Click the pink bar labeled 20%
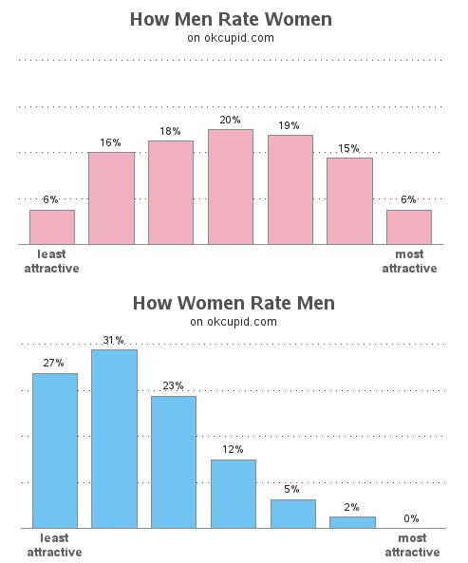(x=231, y=187)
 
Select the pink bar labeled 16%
(x=111, y=197)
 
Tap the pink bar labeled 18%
(x=171, y=192)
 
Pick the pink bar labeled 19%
(x=290, y=189)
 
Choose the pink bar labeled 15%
(x=349, y=200)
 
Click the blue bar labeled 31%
(x=114, y=439)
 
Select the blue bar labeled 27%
(x=55, y=450)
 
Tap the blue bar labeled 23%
(x=174, y=461)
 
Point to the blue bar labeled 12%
(x=234, y=493)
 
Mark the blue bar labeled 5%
(x=292, y=513)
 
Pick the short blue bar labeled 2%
(x=352, y=521)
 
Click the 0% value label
(x=411, y=518)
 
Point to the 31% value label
(x=114, y=340)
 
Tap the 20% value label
(x=231, y=120)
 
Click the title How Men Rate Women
(x=232, y=20)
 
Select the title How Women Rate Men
(x=234, y=303)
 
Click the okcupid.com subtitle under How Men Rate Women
(x=232, y=39)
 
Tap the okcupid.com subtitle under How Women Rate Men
(x=234, y=322)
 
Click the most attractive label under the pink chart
(x=409, y=261)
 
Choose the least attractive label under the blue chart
(x=54, y=545)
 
